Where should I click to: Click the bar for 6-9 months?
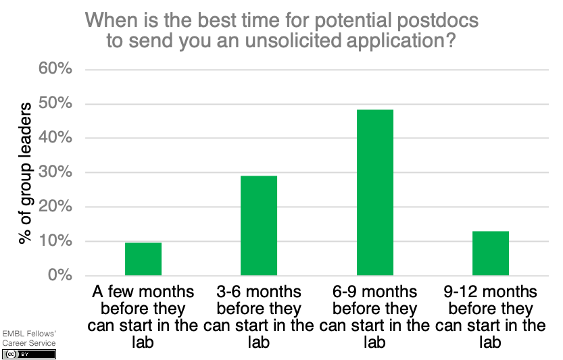(375, 192)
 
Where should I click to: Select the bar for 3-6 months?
(259, 226)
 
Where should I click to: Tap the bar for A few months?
(143, 259)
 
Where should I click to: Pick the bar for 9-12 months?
(491, 253)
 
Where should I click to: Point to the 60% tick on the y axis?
(55, 68)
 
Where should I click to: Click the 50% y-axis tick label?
(55, 103)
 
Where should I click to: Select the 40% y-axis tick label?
(55, 137)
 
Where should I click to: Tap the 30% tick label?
(55, 172)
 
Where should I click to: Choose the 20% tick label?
(55, 207)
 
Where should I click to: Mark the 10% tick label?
(55, 240)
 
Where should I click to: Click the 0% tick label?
(60, 275)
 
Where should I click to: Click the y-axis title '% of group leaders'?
(25, 174)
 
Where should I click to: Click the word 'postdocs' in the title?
(438, 20)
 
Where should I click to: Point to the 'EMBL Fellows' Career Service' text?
(29, 338)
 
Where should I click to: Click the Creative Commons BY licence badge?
(28, 354)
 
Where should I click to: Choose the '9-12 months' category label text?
(490, 292)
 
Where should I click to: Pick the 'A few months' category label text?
(143, 292)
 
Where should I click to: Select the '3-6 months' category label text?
(258, 292)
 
